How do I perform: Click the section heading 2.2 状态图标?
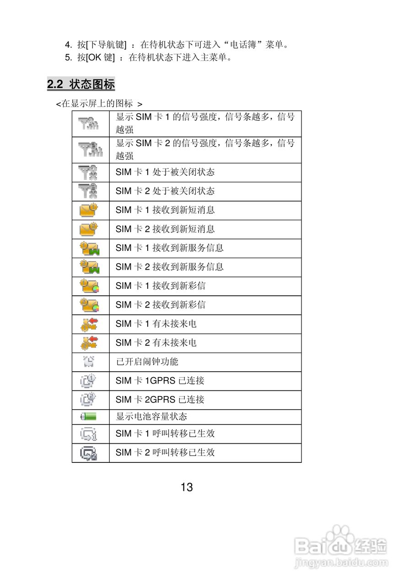[81, 84]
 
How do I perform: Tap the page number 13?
[187, 487]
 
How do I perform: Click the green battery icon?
[90, 417]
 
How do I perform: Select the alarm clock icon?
[89, 362]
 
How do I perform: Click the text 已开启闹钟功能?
[147, 362]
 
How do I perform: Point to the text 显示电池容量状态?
[151, 417]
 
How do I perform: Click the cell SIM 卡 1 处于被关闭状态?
[165, 172]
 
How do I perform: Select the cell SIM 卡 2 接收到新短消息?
[165, 229]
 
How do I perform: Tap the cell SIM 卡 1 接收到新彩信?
[160, 286]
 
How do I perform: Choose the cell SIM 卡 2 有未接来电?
[156, 342]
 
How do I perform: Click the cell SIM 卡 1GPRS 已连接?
[160, 380]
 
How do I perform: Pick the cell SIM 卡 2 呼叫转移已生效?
[165, 452]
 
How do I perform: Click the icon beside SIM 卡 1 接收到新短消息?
[89, 210]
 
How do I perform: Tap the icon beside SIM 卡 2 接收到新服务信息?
[90, 267]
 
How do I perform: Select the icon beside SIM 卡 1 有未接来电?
[89, 324]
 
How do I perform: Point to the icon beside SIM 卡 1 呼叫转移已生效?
[89, 434]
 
